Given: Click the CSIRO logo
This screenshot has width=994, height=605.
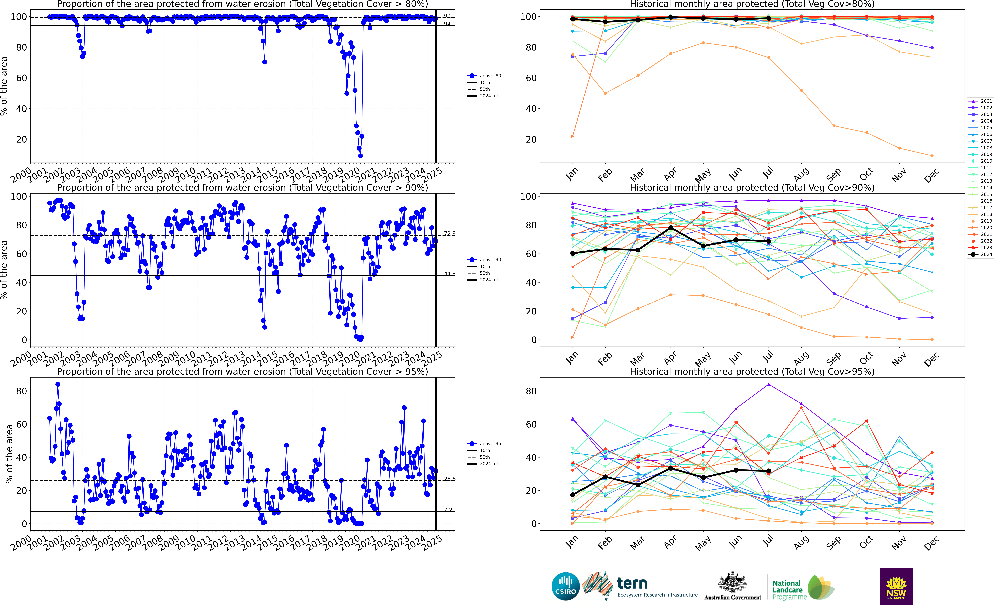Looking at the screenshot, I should point(565,586).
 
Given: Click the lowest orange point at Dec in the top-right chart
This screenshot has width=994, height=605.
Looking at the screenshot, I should point(932,156).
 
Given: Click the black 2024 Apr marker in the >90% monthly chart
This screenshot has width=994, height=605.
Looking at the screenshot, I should point(670,228).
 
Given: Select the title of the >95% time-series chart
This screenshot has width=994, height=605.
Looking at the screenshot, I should point(242,371).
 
